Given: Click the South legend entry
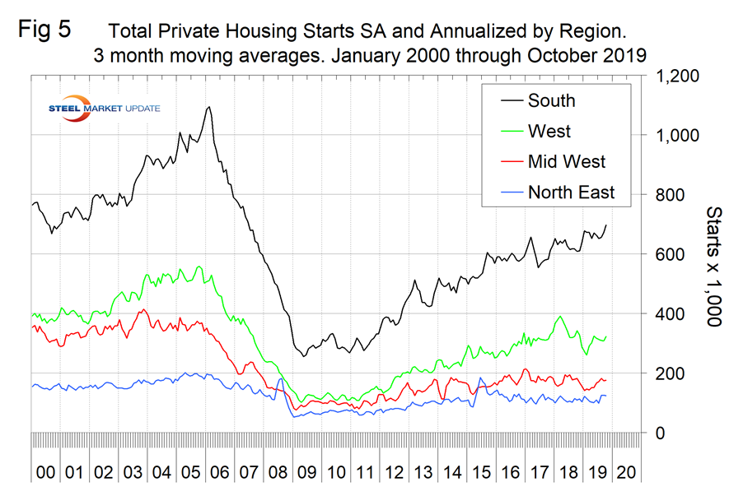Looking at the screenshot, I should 551,101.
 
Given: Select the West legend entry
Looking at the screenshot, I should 549,132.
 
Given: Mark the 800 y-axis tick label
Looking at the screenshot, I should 671,195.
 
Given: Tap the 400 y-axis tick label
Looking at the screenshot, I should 671,313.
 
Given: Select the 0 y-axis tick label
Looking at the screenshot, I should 660,433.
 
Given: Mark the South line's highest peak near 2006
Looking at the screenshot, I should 209,107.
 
